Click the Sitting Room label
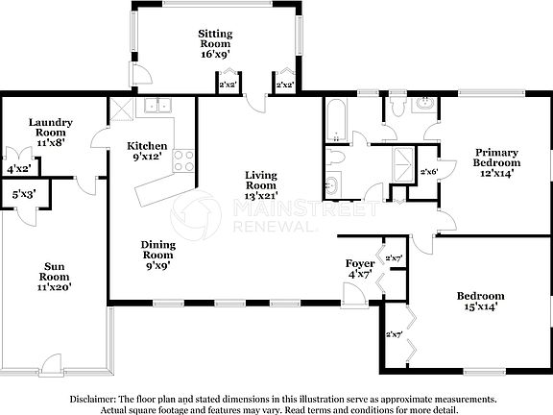(x=216, y=43)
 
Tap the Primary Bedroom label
(x=498, y=163)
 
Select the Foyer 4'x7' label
(x=359, y=268)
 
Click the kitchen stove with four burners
(x=183, y=161)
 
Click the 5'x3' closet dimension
(x=24, y=194)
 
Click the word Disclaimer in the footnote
(x=92, y=397)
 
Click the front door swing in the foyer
(x=354, y=295)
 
